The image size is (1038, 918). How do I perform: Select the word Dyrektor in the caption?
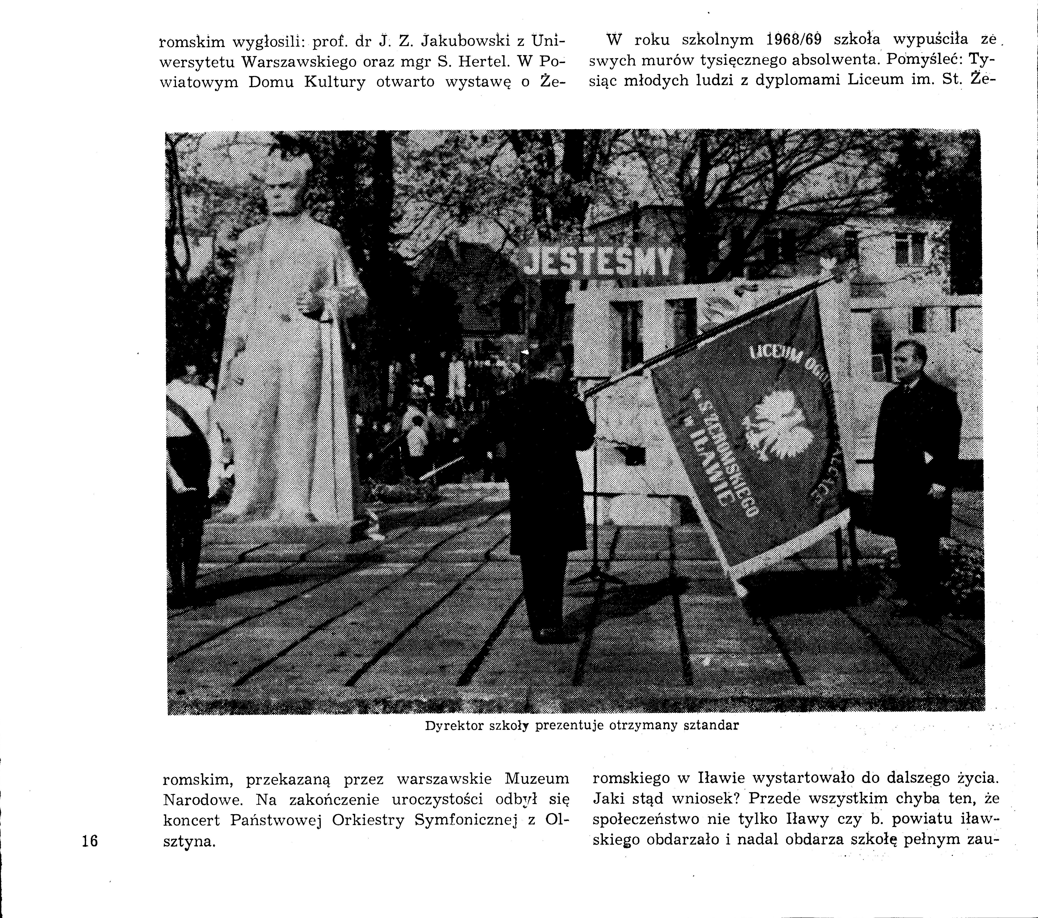click(453, 726)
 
